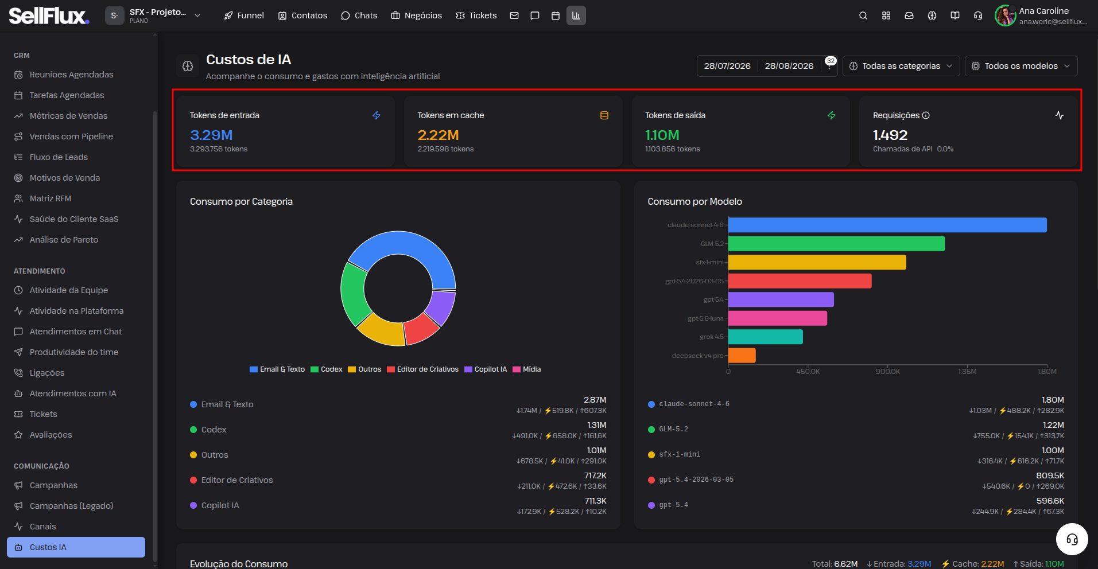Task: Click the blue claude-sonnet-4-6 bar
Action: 887,225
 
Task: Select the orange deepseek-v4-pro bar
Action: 742,356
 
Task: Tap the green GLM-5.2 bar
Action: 836,244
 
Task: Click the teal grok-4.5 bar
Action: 766,337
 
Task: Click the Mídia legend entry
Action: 527,369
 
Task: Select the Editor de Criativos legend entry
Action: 423,369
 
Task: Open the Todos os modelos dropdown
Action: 1021,66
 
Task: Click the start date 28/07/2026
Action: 727,66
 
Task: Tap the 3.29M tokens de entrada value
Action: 211,135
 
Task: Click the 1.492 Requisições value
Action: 890,135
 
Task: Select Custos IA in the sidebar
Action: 76,547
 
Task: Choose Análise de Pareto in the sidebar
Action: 64,240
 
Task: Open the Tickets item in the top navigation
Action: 476,15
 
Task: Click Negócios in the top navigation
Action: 416,15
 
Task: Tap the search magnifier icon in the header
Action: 863,15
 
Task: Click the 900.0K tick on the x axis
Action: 887,372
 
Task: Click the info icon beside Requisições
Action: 926,115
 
